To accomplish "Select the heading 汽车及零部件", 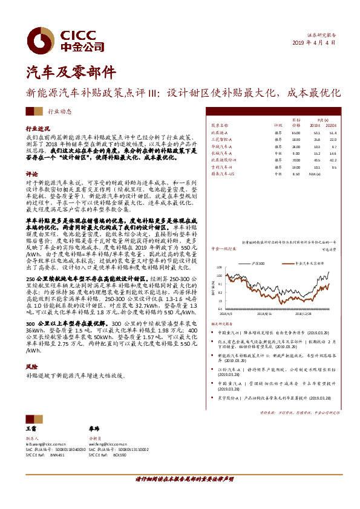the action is click(63, 72).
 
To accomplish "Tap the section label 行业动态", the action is click(59, 112).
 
